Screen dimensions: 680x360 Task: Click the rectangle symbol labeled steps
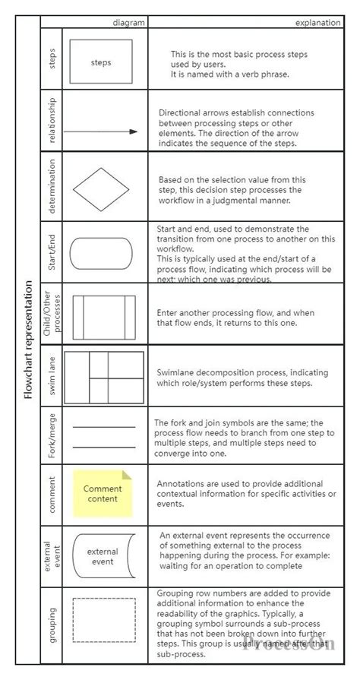(100, 62)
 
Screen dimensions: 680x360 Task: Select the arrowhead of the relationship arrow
(134, 131)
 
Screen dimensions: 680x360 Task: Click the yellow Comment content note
(102, 493)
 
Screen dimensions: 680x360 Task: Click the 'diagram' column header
(128, 23)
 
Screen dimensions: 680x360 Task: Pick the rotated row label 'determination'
(52, 188)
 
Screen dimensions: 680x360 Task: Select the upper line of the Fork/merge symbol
(103, 427)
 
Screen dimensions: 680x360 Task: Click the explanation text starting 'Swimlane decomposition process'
(245, 378)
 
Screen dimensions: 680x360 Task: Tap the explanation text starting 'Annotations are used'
(245, 493)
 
